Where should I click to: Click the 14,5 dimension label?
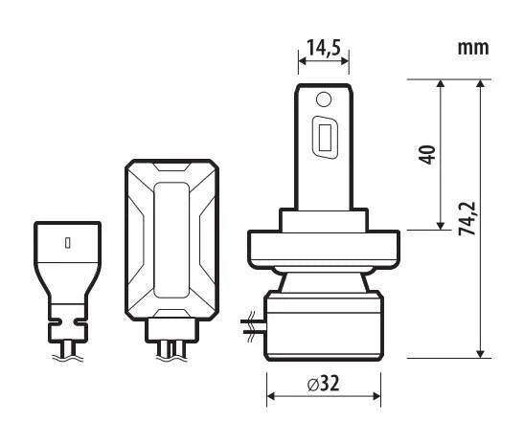click(x=324, y=48)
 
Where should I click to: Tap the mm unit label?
click(x=473, y=48)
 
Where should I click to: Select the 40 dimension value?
click(x=428, y=155)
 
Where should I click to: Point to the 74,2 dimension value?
click(x=467, y=218)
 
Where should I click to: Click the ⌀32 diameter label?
click(x=323, y=384)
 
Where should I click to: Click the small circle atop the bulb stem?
click(x=324, y=99)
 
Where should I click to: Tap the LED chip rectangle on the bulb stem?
click(x=325, y=138)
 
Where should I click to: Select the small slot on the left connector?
click(x=68, y=243)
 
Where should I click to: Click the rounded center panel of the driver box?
click(x=171, y=240)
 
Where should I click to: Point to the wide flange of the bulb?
click(x=324, y=249)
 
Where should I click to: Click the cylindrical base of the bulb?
click(x=324, y=326)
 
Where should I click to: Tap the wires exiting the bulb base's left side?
click(x=253, y=327)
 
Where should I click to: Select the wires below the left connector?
click(x=68, y=350)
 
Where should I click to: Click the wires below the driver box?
click(x=171, y=350)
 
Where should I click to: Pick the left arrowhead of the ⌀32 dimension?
click(x=271, y=396)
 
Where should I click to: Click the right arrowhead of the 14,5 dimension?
click(x=345, y=61)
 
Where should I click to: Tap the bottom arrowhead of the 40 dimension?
click(x=441, y=226)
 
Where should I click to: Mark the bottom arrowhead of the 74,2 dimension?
click(x=480, y=354)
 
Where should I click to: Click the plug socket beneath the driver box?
click(x=171, y=330)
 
